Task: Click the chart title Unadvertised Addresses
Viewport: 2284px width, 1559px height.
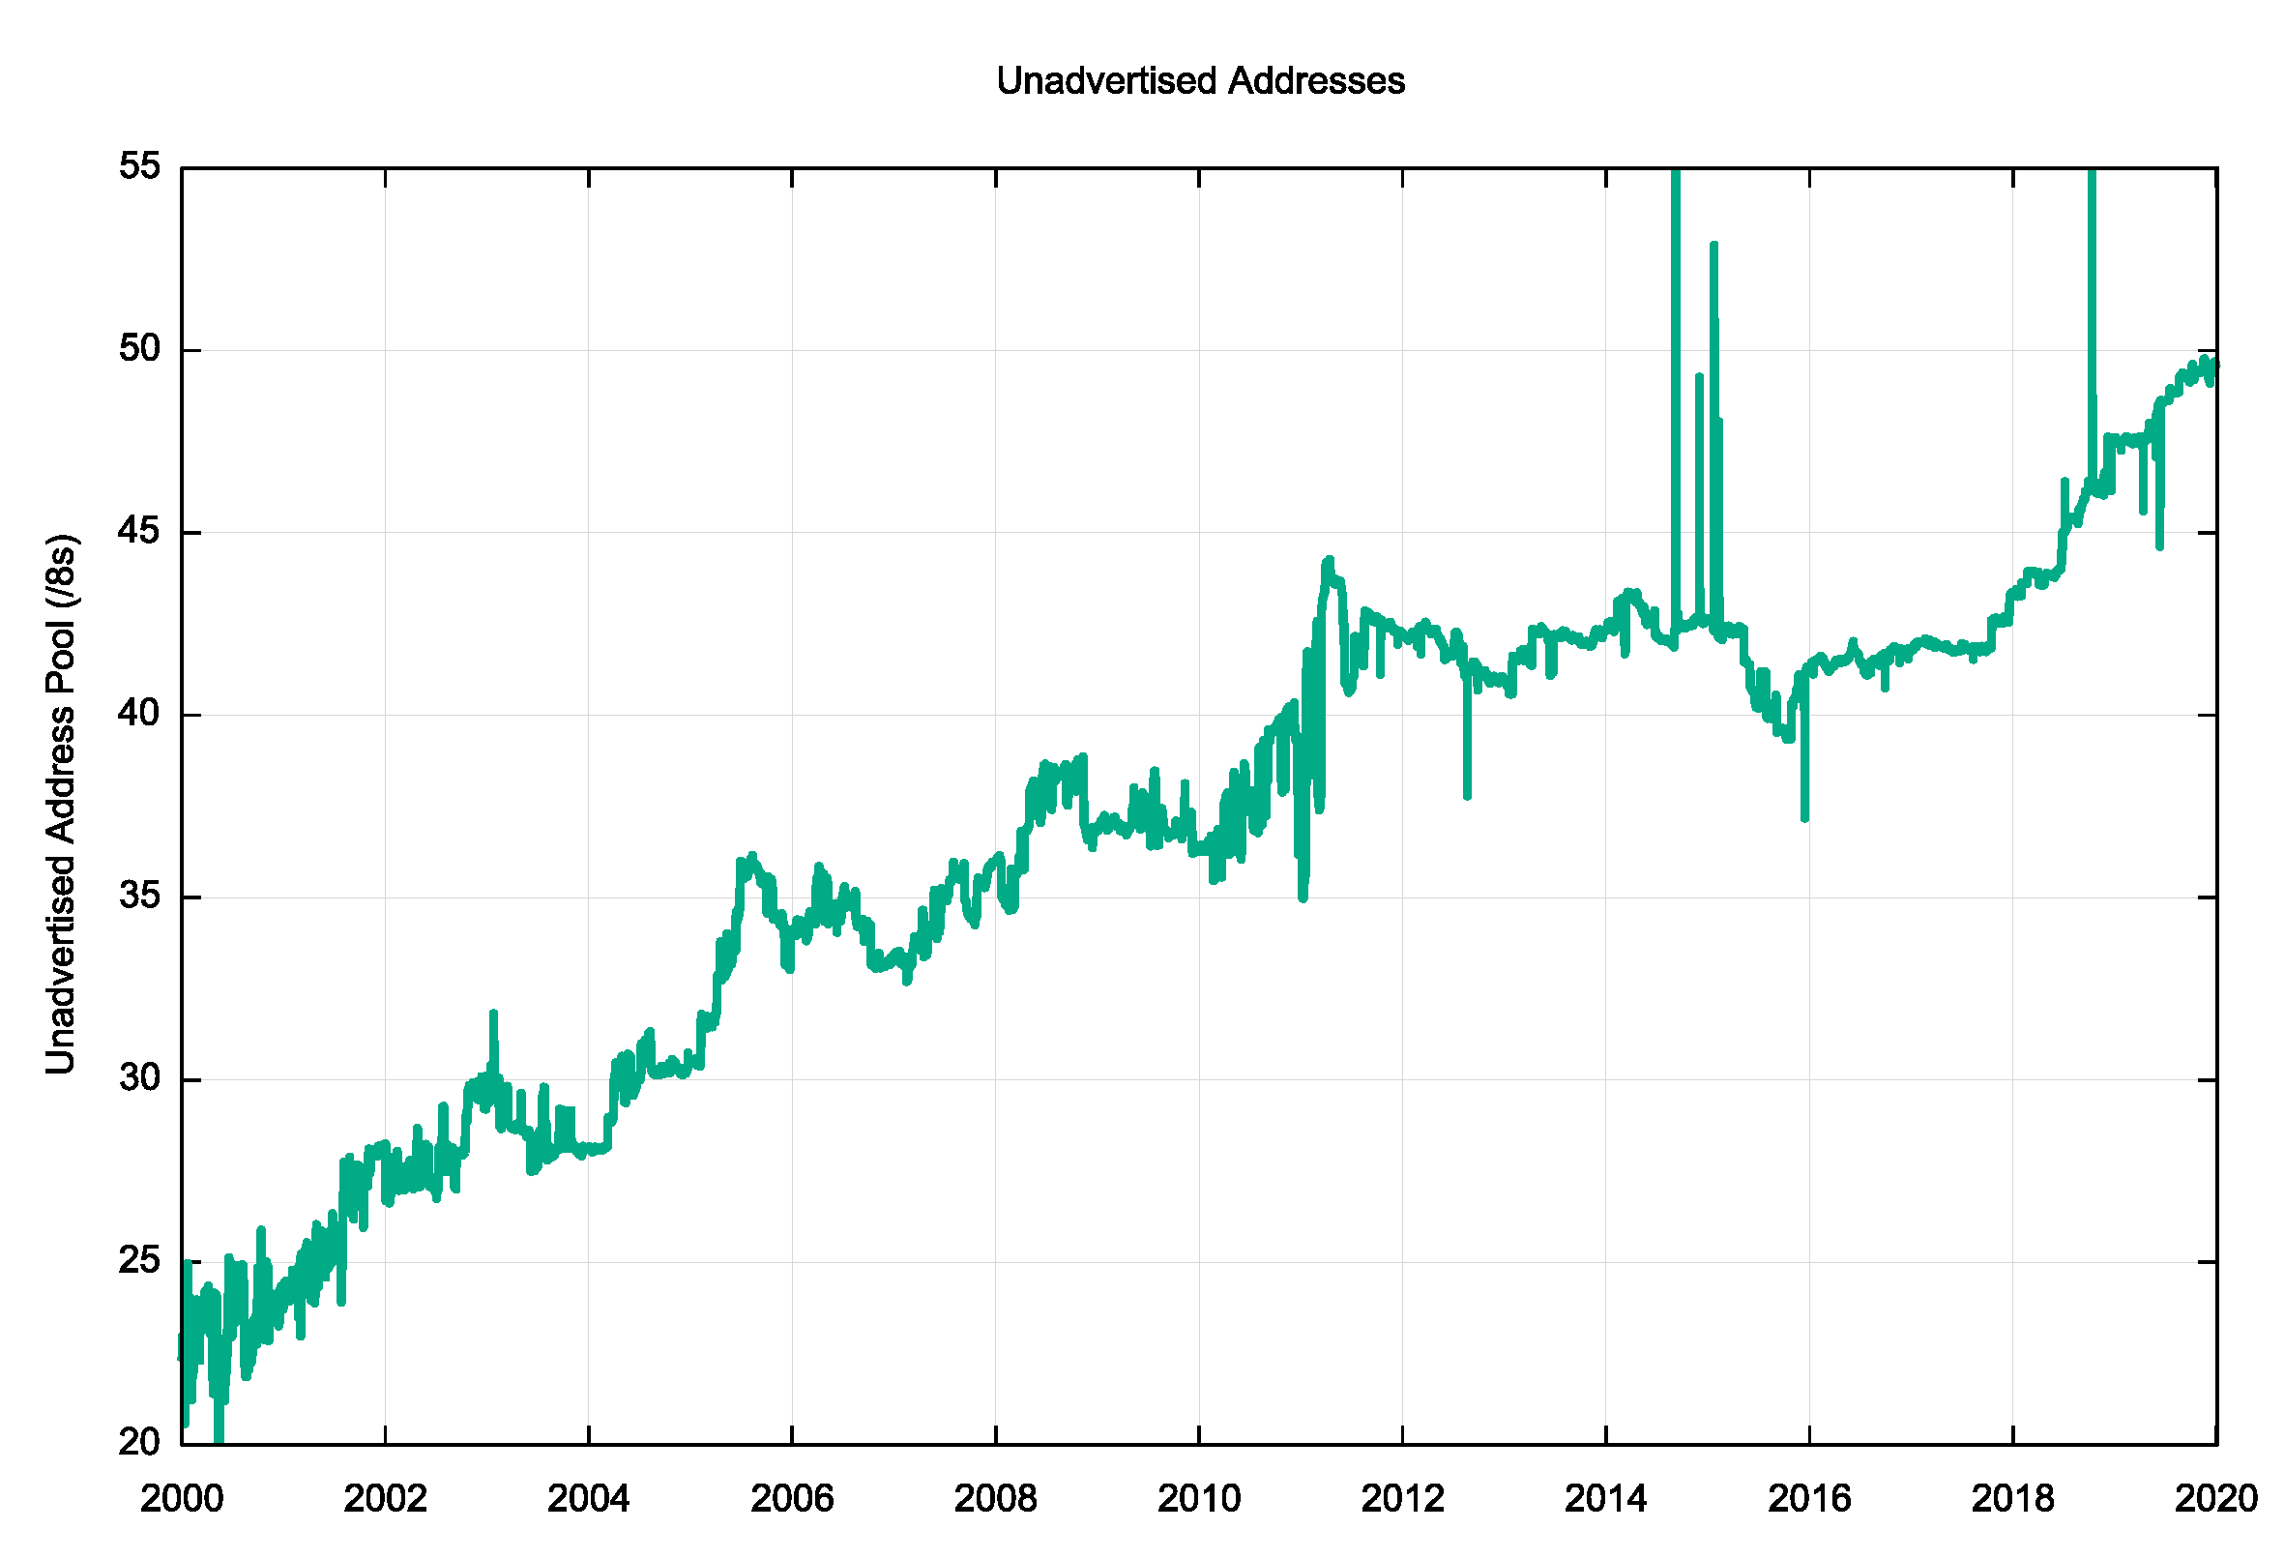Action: pos(1200,80)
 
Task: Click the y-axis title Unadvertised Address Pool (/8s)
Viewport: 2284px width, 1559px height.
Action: pos(61,803)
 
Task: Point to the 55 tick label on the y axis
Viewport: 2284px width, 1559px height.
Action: pos(138,166)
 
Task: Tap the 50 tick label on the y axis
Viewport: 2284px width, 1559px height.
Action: pos(138,348)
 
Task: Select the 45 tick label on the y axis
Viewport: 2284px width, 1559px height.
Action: pos(138,531)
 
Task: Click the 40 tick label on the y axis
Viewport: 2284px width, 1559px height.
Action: pos(138,713)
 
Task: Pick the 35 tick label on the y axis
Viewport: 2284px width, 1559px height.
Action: pos(138,896)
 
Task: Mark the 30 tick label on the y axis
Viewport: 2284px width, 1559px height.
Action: pos(138,1077)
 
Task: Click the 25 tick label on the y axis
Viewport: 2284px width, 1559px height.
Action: pos(138,1260)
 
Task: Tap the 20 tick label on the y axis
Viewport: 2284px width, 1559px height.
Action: pos(138,1442)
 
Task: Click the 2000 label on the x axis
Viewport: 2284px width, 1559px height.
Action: pos(182,1499)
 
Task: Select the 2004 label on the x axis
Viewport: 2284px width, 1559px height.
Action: pos(589,1499)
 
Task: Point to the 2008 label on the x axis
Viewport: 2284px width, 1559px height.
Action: pos(996,1499)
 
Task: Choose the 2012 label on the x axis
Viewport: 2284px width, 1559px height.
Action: pos(1402,1499)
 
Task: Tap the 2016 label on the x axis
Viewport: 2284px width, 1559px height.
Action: pos(1809,1499)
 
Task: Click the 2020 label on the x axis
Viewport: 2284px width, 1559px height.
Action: pos(2216,1499)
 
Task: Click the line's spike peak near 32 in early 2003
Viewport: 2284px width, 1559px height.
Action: pos(493,1013)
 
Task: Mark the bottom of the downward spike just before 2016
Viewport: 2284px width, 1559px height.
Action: pos(1805,818)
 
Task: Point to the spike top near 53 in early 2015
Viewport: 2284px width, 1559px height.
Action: pos(1714,244)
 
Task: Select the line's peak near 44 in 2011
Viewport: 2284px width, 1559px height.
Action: pos(1330,559)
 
